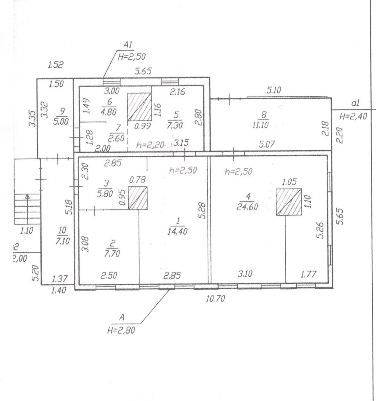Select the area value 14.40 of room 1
click(177, 231)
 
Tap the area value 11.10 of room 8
click(261, 125)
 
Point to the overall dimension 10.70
click(215, 299)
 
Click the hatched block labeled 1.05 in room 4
click(289, 202)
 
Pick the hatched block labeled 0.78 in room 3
click(138, 198)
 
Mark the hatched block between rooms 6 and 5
click(139, 107)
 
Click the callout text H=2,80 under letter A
click(121, 330)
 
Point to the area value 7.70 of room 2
click(112, 254)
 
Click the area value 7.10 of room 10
click(62, 241)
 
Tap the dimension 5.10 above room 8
click(274, 91)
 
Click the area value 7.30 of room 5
click(175, 125)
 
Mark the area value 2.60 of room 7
click(116, 138)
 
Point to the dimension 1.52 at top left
click(55, 65)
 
